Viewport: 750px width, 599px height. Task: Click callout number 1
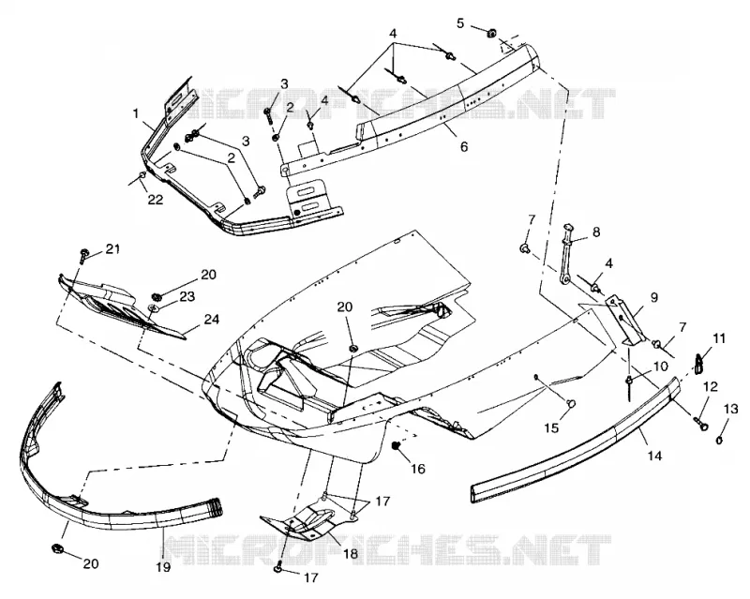(136, 113)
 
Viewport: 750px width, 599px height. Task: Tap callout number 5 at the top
(460, 23)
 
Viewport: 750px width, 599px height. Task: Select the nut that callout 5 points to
(491, 33)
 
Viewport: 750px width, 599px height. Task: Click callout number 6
(463, 146)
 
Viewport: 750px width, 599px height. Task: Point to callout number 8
(596, 232)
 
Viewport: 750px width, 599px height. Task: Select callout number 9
(653, 297)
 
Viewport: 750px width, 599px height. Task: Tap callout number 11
(719, 338)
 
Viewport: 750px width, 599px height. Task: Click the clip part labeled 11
(699, 362)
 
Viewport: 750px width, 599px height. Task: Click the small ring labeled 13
(718, 441)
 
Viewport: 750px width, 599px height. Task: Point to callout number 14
(654, 456)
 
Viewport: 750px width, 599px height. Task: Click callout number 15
(551, 427)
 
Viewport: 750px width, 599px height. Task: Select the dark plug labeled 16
(396, 446)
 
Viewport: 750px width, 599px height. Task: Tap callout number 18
(350, 554)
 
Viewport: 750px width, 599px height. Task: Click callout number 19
(163, 567)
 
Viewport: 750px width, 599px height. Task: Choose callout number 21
(112, 248)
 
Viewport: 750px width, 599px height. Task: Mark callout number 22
(156, 199)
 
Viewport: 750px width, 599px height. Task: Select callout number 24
(212, 318)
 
